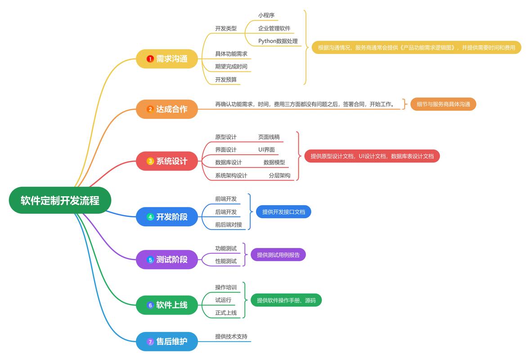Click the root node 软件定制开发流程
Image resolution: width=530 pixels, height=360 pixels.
click(x=60, y=200)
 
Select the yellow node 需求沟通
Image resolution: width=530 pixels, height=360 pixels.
click(x=167, y=58)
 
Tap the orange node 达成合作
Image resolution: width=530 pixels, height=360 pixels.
click(x=167, y=109)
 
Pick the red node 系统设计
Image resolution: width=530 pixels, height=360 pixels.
click(x=167, y=161)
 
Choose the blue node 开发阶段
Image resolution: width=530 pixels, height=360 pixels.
click(x=167, y=217)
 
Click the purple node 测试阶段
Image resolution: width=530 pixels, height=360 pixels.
click(x=167, y=260)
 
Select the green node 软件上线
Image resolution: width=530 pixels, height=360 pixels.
click(x=167, y=305)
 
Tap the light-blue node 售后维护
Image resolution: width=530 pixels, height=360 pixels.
click(x=167, y=342)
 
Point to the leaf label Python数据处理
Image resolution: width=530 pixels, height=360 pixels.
click(x=278, y=41)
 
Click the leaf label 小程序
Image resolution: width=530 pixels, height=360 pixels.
click(x=266, y=15)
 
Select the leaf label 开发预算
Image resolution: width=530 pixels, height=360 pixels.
click(x=226, y=80)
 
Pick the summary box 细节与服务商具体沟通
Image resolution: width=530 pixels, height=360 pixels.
click(x=443, y=104)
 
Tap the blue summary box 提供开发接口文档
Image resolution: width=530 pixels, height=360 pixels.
click(x=283, y=211)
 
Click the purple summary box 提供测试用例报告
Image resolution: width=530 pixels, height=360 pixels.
click(x=278, y=255)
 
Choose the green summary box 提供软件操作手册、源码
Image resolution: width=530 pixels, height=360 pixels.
click(x=286, y=300)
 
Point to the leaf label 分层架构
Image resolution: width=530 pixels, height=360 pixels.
click(x=279, y=175)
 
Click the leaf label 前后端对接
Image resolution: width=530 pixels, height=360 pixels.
click(x=229, y=225)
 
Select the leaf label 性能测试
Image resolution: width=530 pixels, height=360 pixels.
click(x=226, y=261)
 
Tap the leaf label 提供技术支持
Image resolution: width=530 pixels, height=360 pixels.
click(x=231, y=336)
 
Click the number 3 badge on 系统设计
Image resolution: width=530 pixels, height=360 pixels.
click(x=150, y=161)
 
